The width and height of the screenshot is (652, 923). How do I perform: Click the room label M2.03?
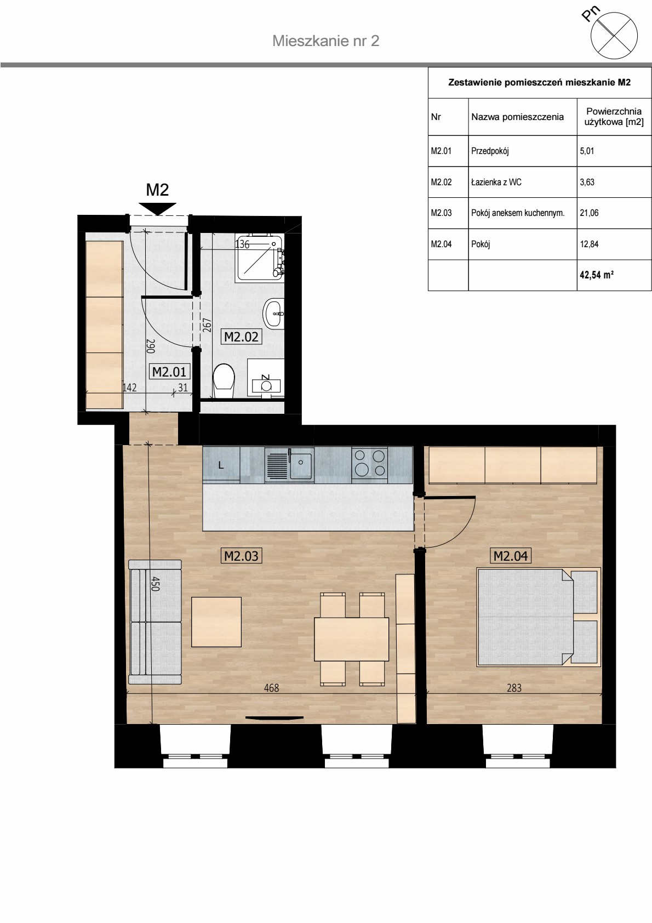click(241, 556)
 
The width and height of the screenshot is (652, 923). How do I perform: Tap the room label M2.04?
click(510, 556)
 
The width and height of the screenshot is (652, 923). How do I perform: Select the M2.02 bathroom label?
click(241, 337)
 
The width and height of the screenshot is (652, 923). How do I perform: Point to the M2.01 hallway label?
click(169, 372)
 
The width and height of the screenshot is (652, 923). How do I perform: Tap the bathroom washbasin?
click(273, 314)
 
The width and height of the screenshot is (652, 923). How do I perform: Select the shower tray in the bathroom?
click(259, 258)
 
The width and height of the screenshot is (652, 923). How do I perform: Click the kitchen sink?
click(289, 464)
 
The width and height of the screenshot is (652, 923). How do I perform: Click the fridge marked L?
click(221, 465)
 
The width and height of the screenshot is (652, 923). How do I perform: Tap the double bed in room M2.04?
click(538, 617)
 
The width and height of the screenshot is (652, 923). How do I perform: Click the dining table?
click(351, 639)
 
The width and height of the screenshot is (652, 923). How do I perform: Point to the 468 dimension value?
click(271, 688)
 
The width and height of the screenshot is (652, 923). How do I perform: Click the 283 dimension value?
click(514, 688)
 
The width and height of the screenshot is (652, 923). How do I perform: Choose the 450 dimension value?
click(155, 584)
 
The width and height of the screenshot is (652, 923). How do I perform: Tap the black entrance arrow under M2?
click(157, 209)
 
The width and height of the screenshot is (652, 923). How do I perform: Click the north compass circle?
click(614, 35)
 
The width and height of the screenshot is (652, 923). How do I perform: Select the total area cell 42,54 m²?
click(597, 275)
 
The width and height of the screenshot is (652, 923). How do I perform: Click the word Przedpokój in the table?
click(490, 151)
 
